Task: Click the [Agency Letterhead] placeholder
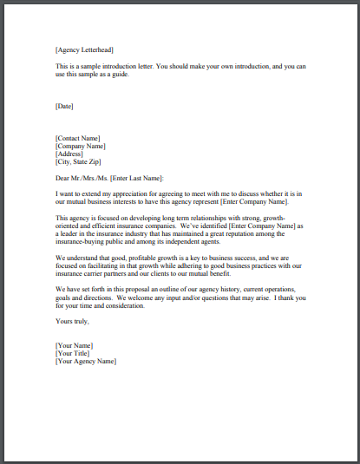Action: tap(83, 50)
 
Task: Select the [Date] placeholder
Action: tap(64, 106)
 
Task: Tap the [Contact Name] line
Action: tap(77, 138)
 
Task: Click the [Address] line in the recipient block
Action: tap(69, 154)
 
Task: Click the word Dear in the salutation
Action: tap(62, 178)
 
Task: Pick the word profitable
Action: tap(136, 257)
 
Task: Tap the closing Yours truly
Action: tap(71, 321)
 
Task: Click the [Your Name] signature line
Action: tap(75, 345)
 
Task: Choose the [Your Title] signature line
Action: tap(74, 353)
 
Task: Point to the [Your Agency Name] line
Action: tap(85, 361)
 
